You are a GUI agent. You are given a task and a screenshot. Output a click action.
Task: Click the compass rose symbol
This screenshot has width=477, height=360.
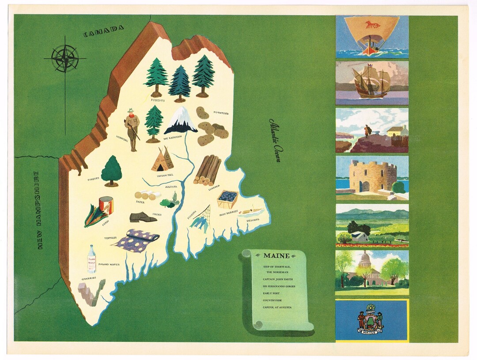65,58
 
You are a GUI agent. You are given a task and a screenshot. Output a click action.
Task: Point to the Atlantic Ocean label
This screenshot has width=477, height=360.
276,140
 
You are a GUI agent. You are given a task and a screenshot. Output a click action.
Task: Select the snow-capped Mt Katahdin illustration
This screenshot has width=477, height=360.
181,121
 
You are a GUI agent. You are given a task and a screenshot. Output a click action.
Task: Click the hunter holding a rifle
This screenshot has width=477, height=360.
132,129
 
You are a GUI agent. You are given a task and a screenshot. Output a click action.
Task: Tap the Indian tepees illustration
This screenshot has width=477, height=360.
163,159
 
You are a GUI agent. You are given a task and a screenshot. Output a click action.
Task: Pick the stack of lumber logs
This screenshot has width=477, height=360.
208,170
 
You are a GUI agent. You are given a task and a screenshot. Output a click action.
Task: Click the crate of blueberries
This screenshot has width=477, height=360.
227,199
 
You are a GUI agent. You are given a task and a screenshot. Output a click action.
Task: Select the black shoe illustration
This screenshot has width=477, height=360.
143,217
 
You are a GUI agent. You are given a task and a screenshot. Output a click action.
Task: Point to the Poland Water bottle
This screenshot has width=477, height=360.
91,259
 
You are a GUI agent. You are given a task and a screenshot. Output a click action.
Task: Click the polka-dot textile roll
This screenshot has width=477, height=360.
137,241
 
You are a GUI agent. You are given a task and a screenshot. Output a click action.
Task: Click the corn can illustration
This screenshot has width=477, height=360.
106,205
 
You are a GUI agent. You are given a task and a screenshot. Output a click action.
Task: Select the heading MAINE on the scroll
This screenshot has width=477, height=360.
276,256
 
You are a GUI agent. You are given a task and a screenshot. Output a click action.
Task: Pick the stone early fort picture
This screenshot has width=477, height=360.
372,177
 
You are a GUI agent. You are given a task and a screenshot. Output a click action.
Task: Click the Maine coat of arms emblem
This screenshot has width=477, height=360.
370,320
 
